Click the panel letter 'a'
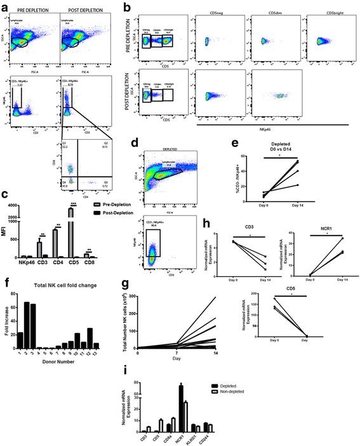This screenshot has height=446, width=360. click(4, 5)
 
